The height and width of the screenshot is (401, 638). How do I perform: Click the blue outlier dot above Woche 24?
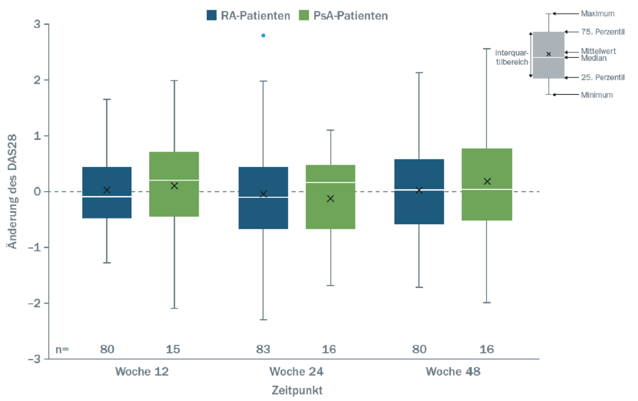click(264, 36)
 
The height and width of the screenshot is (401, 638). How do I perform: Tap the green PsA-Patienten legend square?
click(304, 15)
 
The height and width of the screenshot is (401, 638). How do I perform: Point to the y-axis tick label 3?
click(37, 25)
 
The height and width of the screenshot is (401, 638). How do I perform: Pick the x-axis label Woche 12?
click(141, 371)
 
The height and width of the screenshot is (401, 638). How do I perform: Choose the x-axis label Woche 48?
click(453, 371)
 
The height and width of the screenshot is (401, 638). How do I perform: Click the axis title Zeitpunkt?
click(297, 390)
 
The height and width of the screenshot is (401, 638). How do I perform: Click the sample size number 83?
click(264, 349)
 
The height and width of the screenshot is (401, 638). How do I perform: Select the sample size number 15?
click(174, 349)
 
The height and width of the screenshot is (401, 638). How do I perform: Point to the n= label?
click(62, 349)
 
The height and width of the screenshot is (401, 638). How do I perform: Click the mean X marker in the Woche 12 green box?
click(175, 186)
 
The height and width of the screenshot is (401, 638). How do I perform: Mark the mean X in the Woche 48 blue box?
click(419, 190)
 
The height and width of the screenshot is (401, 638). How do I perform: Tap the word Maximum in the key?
click(597, 13)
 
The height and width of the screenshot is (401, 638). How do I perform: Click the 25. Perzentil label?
click(602, 77)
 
